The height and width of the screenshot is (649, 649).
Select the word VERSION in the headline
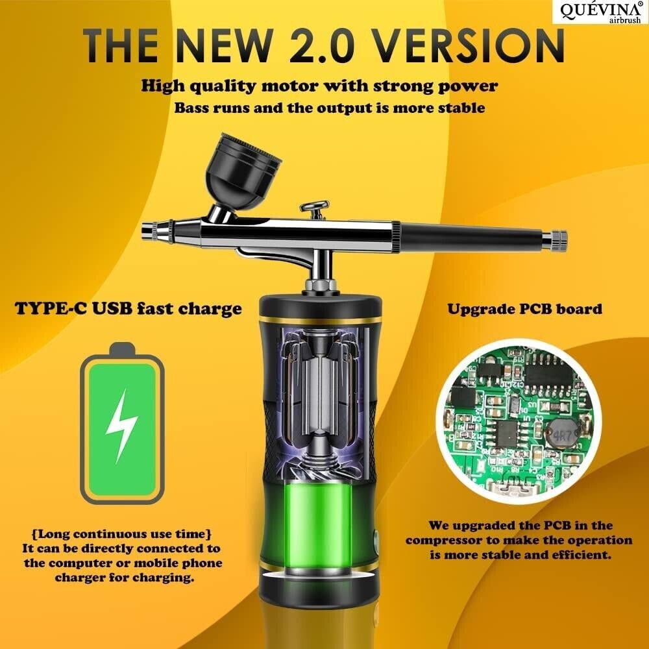tap(470, 45)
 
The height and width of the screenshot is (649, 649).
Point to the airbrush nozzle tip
tap(147, 230)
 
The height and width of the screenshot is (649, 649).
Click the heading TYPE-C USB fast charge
tap(129, 309)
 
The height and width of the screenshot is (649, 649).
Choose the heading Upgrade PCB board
tap(524, 309)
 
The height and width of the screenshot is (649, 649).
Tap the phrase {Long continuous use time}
tap(122, 534)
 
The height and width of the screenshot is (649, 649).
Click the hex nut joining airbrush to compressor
tap(321, 286)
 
